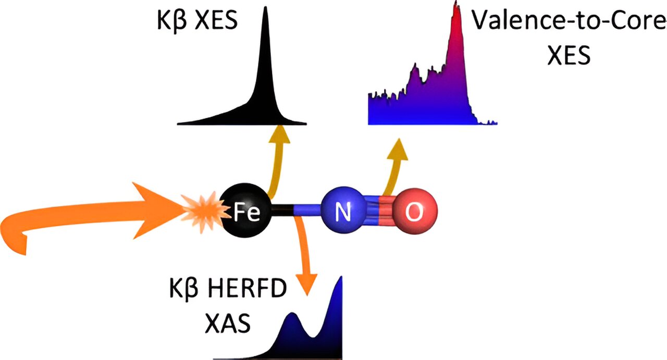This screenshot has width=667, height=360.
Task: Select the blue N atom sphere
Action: [x=342, y=212]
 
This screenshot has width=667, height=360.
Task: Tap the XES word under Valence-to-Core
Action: [x=569, y=55]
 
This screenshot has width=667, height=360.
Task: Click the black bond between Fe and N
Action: [x=284, y=211]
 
